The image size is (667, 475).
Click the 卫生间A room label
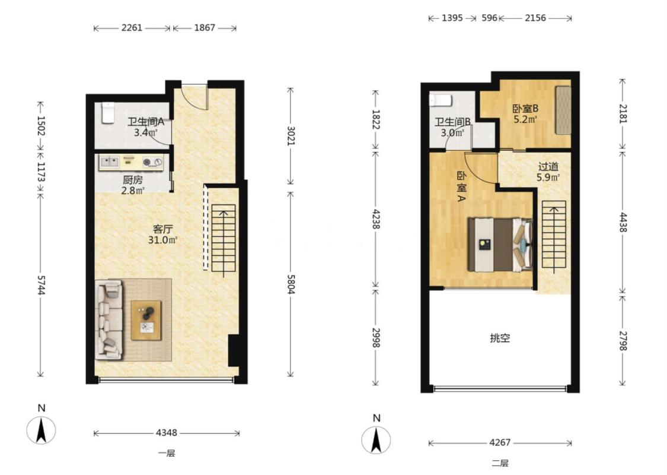146,121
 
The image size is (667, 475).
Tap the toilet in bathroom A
108,113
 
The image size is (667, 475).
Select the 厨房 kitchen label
133,180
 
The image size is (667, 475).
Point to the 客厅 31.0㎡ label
162,235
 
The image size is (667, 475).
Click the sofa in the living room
110,319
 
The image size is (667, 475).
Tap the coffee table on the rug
146,321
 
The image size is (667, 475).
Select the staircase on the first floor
224,239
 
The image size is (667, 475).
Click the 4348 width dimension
167,433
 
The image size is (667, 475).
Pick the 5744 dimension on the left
41,284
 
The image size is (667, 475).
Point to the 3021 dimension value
291,136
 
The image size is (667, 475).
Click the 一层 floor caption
167,453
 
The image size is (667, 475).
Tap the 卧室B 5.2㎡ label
525,114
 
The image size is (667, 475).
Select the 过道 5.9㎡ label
548,172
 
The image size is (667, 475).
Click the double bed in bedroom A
500,245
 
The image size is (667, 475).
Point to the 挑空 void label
500,338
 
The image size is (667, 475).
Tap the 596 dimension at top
489,18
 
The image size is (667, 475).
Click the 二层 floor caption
500,463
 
